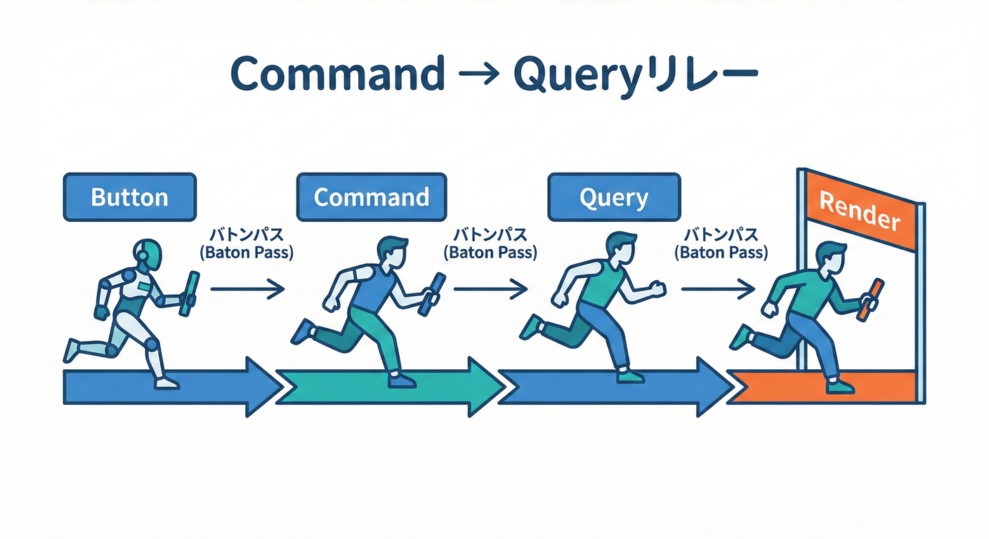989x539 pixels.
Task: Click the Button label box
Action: (x=129, y=197)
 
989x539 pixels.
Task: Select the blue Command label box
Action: (x=371, y=197)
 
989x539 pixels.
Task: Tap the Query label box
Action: (x=614, y=197)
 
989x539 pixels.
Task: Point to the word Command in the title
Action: (x=337, y=74)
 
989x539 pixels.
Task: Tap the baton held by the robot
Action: (x=189, y=294)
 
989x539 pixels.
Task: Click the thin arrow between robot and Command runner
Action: (x=247, y=288)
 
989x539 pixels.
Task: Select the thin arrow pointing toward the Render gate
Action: (x=718, y=288)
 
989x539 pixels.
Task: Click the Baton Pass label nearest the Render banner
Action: (x=721, y=243)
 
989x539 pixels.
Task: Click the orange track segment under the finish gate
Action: (x=822, y=388)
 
